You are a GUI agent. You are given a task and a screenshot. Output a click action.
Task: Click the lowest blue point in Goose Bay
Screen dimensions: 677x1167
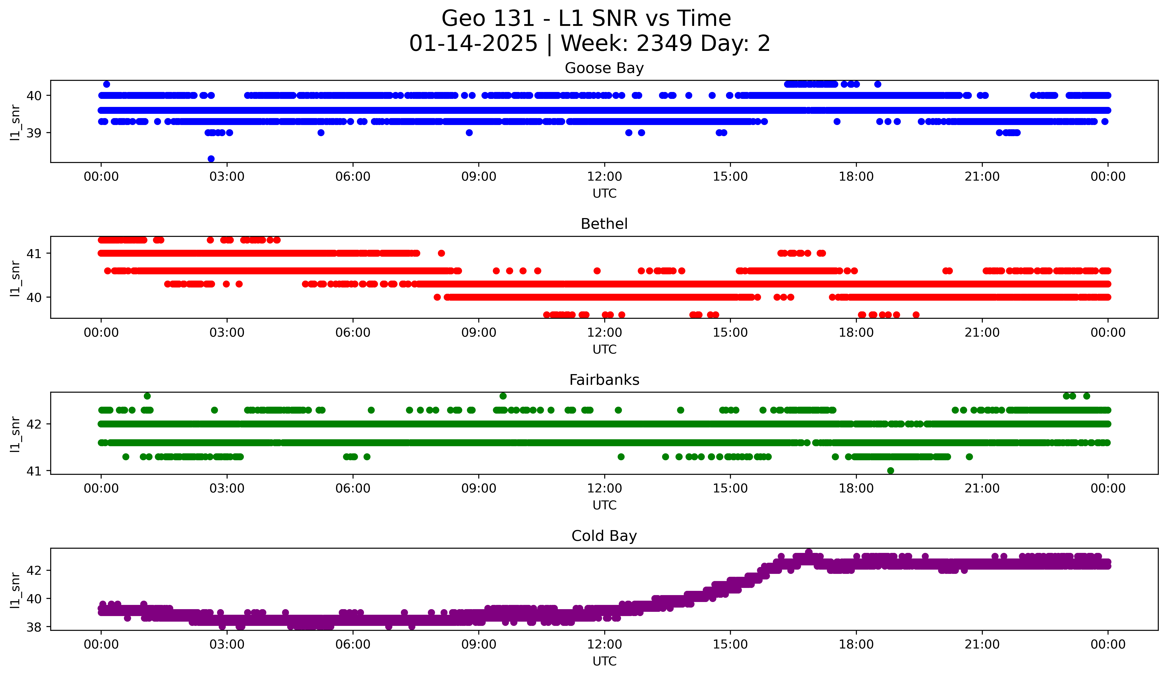point(211,159)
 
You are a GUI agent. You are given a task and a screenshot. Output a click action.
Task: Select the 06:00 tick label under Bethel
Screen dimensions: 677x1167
point(353,333)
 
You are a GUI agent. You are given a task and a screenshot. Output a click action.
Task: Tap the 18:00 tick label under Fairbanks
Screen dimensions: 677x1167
point(856,489)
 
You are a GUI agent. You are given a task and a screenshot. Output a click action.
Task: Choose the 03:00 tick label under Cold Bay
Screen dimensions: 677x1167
point(227,645)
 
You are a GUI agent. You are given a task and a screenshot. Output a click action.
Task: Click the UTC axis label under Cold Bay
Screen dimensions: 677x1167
point(604,661)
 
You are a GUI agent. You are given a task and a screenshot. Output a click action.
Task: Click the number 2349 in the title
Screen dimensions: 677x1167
point(664,44)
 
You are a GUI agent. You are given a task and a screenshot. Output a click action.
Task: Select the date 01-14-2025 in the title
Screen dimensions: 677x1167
point(473,44)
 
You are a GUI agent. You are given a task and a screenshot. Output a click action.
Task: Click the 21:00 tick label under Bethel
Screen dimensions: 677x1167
point(982,333)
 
